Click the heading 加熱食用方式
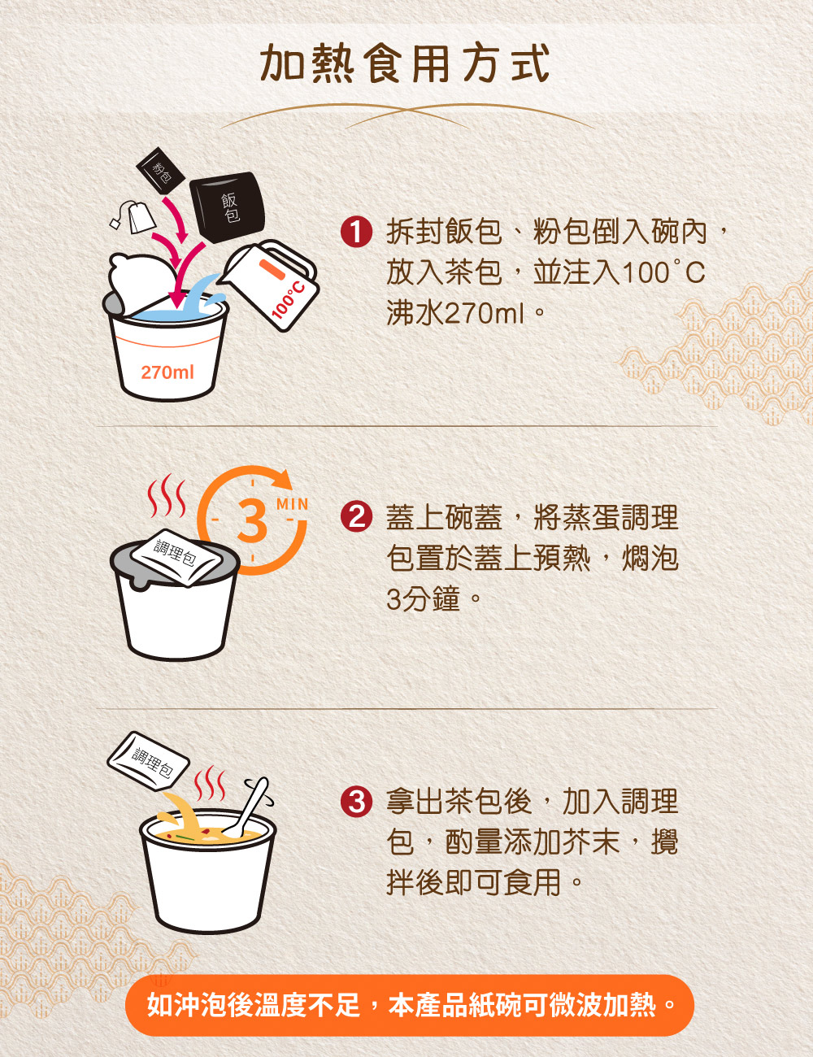pos(405,63)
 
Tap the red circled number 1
pos(356,232)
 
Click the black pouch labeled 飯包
pos(228,207)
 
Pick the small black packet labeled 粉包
pos(160,170)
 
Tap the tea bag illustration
pos(135,216)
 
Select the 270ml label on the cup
pos(167,372)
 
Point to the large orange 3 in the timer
pos(252,521)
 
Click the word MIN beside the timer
pos(292,504)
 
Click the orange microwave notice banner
pos(409,1006)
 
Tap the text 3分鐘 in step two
pos(423,599)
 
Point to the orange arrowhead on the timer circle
pos(280,479)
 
